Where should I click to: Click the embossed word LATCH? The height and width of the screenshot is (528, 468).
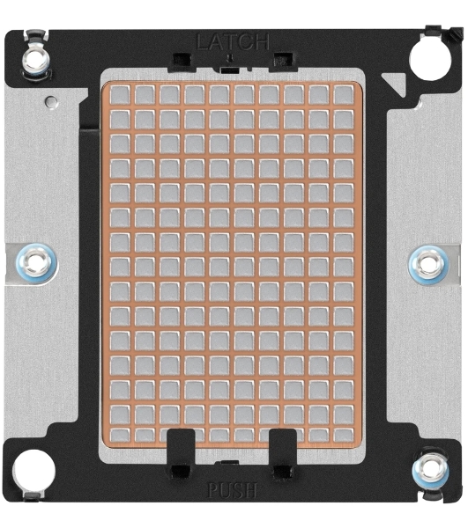(x=233, y=42)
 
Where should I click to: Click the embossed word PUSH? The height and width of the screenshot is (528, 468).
(x=233, y=490)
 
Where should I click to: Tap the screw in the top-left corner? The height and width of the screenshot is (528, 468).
(x=35, y=61)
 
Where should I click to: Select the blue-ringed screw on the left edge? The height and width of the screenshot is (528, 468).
(x=36, y=262)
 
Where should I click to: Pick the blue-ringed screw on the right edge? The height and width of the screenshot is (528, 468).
(x=428, y=264)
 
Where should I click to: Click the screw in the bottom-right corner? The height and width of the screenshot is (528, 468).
(x=430, y=469)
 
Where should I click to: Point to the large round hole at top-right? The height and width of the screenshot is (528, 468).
(x=430, y=58)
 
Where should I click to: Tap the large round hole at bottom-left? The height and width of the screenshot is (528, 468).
(x=33, y=471)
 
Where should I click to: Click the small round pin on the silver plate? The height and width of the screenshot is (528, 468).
(x=52, y=100)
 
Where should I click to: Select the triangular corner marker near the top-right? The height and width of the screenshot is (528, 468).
(x=393, y=82)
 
